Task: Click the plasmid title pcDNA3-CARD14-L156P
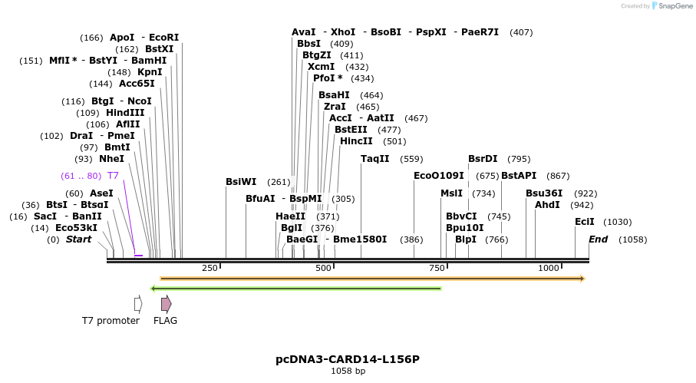[347, 359]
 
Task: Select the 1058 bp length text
[347, 371]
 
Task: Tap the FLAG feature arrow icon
[166, 304]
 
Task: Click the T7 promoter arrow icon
[138, 304]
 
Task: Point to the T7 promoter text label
[111, 321]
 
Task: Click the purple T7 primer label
[113, 176]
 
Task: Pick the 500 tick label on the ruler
[323, 268]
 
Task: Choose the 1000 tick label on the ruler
[549, 268]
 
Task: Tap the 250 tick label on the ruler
[209, 268]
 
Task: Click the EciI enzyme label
[585, 222]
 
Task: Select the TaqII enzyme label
[375, 159]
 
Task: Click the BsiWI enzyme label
[241, 182]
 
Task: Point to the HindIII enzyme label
[125, 113]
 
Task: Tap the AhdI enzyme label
[547, 205]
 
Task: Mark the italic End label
[598, 239]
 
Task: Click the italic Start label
[78, 239]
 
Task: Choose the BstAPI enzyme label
[519, 176]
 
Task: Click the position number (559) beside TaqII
[412, 160]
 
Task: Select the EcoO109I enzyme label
[439, 176]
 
